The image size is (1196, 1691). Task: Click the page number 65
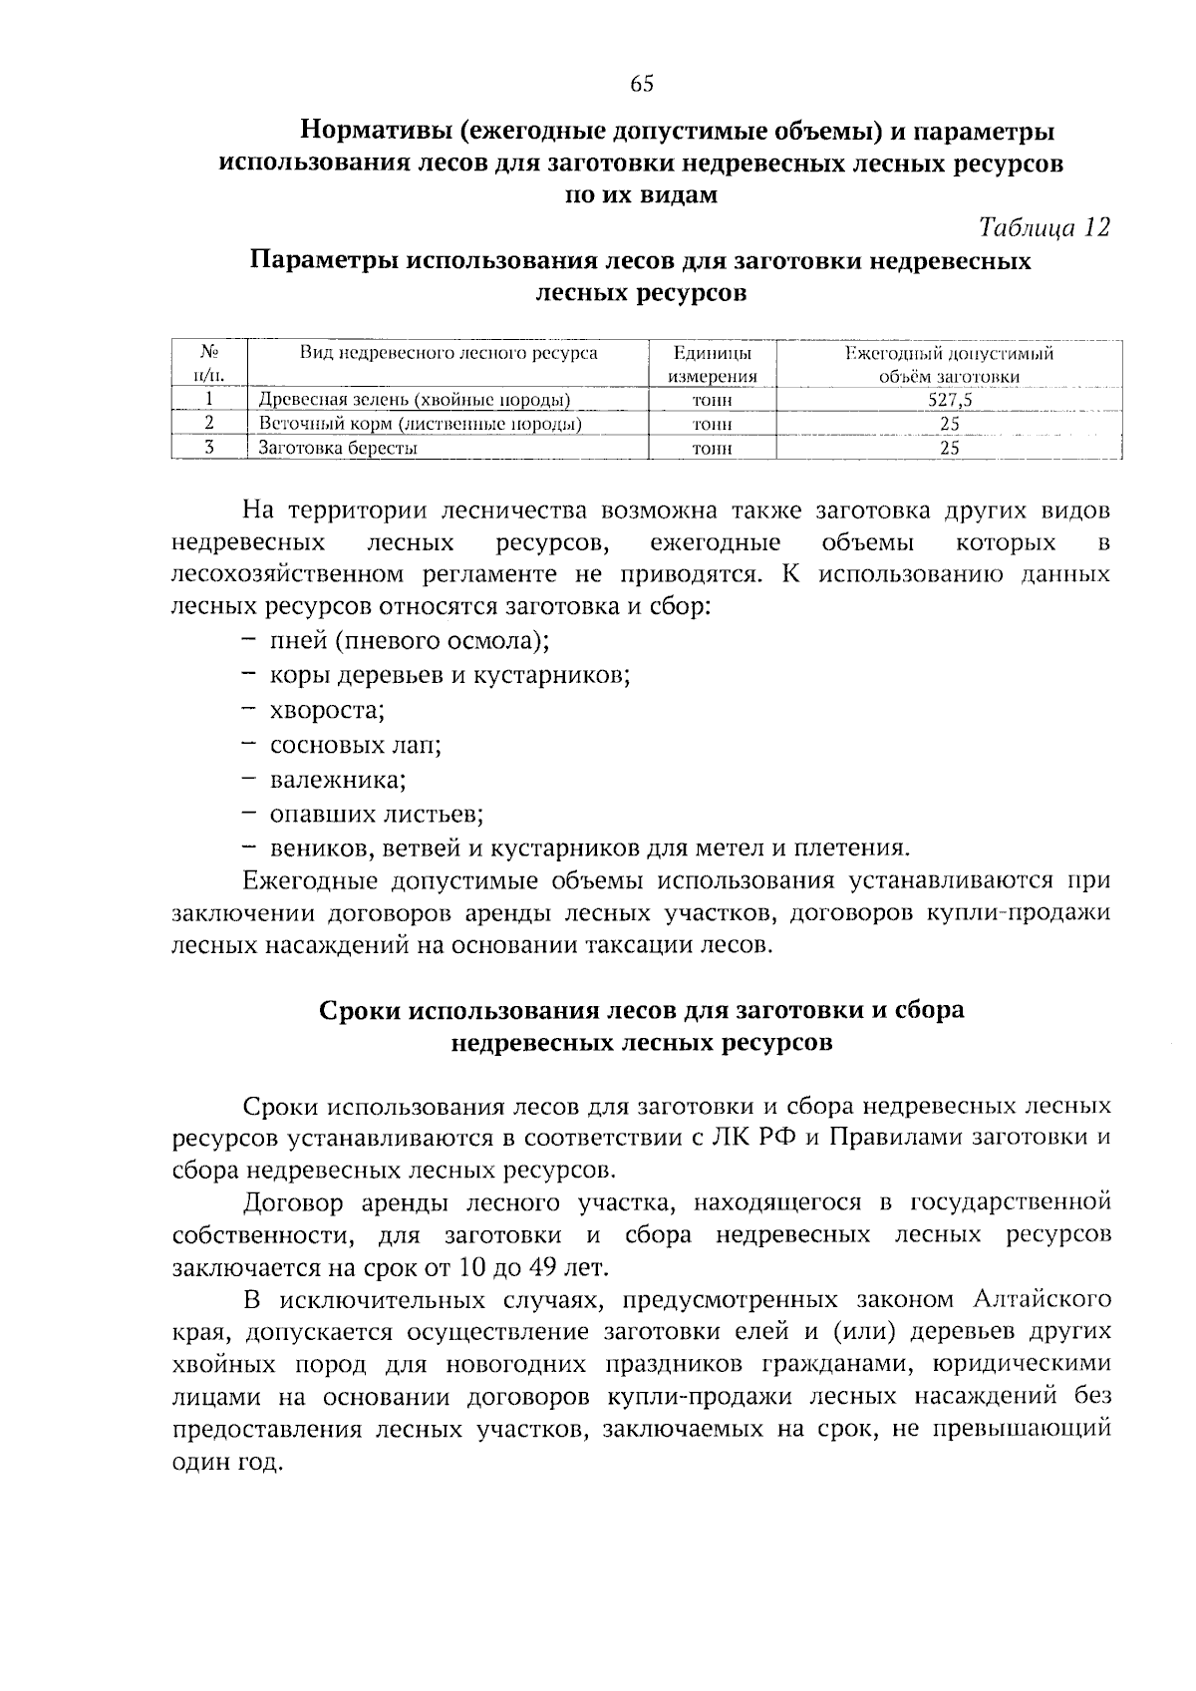[x=641, y=85]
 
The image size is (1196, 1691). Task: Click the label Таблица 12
[x=1044, y=228]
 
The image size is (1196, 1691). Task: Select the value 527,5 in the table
[x=949, y=401]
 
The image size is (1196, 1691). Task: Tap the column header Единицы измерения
[x=712, y=365]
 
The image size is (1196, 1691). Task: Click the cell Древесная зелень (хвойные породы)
[x=415, y=401]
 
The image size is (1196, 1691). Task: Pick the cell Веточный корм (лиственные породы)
[x=421, y=424]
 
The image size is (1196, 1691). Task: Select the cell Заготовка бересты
[x=338, y=448]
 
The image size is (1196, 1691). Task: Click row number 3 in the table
[x=209, y=448]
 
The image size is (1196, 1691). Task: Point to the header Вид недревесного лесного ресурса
[x=448, y=353]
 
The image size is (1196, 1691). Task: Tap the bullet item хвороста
[x=327, y=711]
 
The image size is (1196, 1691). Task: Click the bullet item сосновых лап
[x=355, y=745]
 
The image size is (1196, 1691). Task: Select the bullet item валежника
[x=337, y=780]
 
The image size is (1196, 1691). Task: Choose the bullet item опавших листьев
[x=376, y=814]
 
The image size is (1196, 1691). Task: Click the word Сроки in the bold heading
[x=360, y=1010]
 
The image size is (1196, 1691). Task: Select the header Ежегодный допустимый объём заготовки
[x=949, y=365]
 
